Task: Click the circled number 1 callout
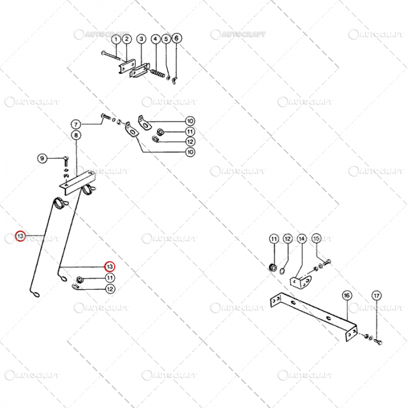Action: tap(116, 39)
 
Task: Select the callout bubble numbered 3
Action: tap(141, 39)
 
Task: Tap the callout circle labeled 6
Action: tap(177, 38)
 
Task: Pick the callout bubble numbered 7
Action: tap(76, 124)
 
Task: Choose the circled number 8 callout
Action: tap(76, 135)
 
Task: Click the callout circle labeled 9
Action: tap(42, 158)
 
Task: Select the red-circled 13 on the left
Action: tap(20, 236)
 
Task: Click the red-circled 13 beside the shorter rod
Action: tap(109, 266)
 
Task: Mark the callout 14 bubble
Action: tap(301, 239)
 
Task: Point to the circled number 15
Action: tap(316, 238)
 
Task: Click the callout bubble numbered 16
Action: tap(347, 296)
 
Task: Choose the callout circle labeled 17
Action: tap(377, 296)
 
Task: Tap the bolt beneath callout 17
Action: tap(377, 339)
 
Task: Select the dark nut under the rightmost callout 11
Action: tap(271, 268)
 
